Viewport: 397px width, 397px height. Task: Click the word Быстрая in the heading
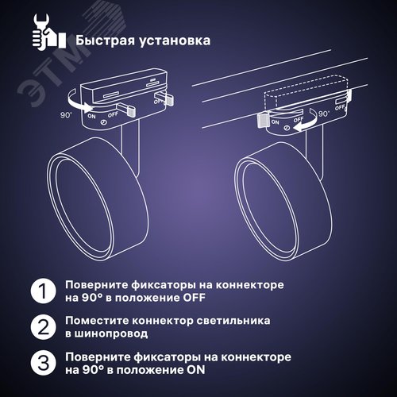(104, 38)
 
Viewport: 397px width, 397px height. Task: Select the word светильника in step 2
(246, 320)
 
